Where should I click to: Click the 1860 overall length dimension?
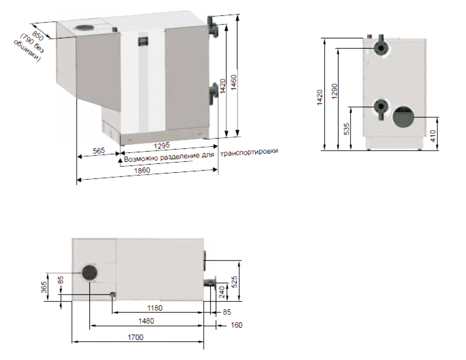point(142,170)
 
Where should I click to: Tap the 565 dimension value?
point(99,151)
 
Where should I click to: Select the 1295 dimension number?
point(162,146)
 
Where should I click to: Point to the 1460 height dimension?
point(234,82)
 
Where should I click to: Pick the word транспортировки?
point(249,152)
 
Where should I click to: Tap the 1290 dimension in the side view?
point(335,91)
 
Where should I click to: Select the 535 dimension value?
point(346,129)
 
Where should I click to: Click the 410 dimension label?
point(433,136)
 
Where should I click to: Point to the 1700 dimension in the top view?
point(135,337)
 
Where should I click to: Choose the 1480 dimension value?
point(146,321)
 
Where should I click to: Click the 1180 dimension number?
point(155,308)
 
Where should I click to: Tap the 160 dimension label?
point(237,325)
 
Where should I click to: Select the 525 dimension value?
point(235,282)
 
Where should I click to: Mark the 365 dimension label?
point(44,287)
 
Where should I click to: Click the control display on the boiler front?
point(143,41)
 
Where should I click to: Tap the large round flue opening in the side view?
point(403,116)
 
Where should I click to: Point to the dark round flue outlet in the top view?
point(89,272)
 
